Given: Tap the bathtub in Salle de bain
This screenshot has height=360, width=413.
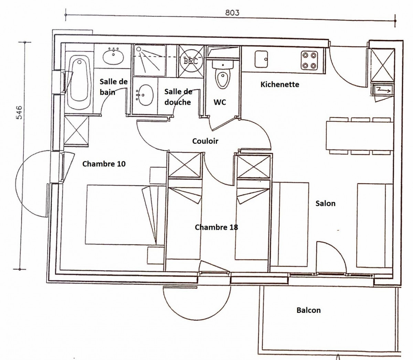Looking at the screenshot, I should (79, 79).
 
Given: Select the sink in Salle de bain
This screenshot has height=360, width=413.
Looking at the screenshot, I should (113, 55).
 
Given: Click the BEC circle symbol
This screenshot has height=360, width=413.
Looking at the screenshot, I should (191, 61).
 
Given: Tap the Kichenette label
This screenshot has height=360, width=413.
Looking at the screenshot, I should (279, 84).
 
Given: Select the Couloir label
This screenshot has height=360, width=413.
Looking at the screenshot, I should (205, 141).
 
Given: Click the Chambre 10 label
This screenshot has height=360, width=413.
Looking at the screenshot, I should (104, 164).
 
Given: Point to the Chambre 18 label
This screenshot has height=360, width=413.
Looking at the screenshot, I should (216, 227).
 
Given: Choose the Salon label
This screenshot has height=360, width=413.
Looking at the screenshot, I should (325, 203).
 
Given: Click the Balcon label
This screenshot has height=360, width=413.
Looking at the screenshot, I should (308, 310).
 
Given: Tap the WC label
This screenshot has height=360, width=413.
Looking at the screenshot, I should (220, 102).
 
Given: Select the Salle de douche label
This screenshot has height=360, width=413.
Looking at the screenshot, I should (178, 97).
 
